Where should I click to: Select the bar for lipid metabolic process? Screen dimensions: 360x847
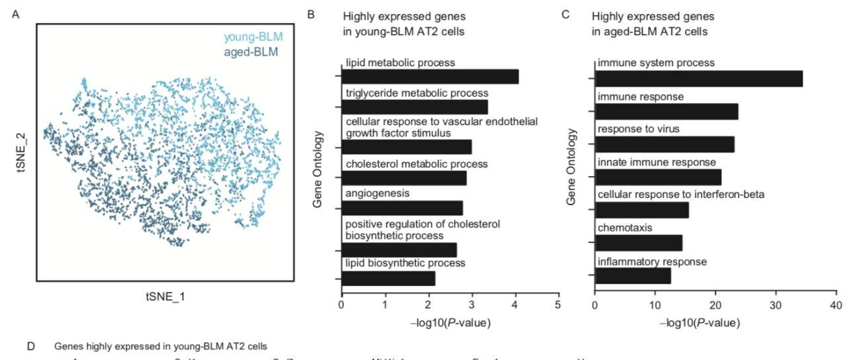429,77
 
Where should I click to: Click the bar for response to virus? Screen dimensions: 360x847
664,144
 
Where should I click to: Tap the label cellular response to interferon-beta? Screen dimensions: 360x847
681,195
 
